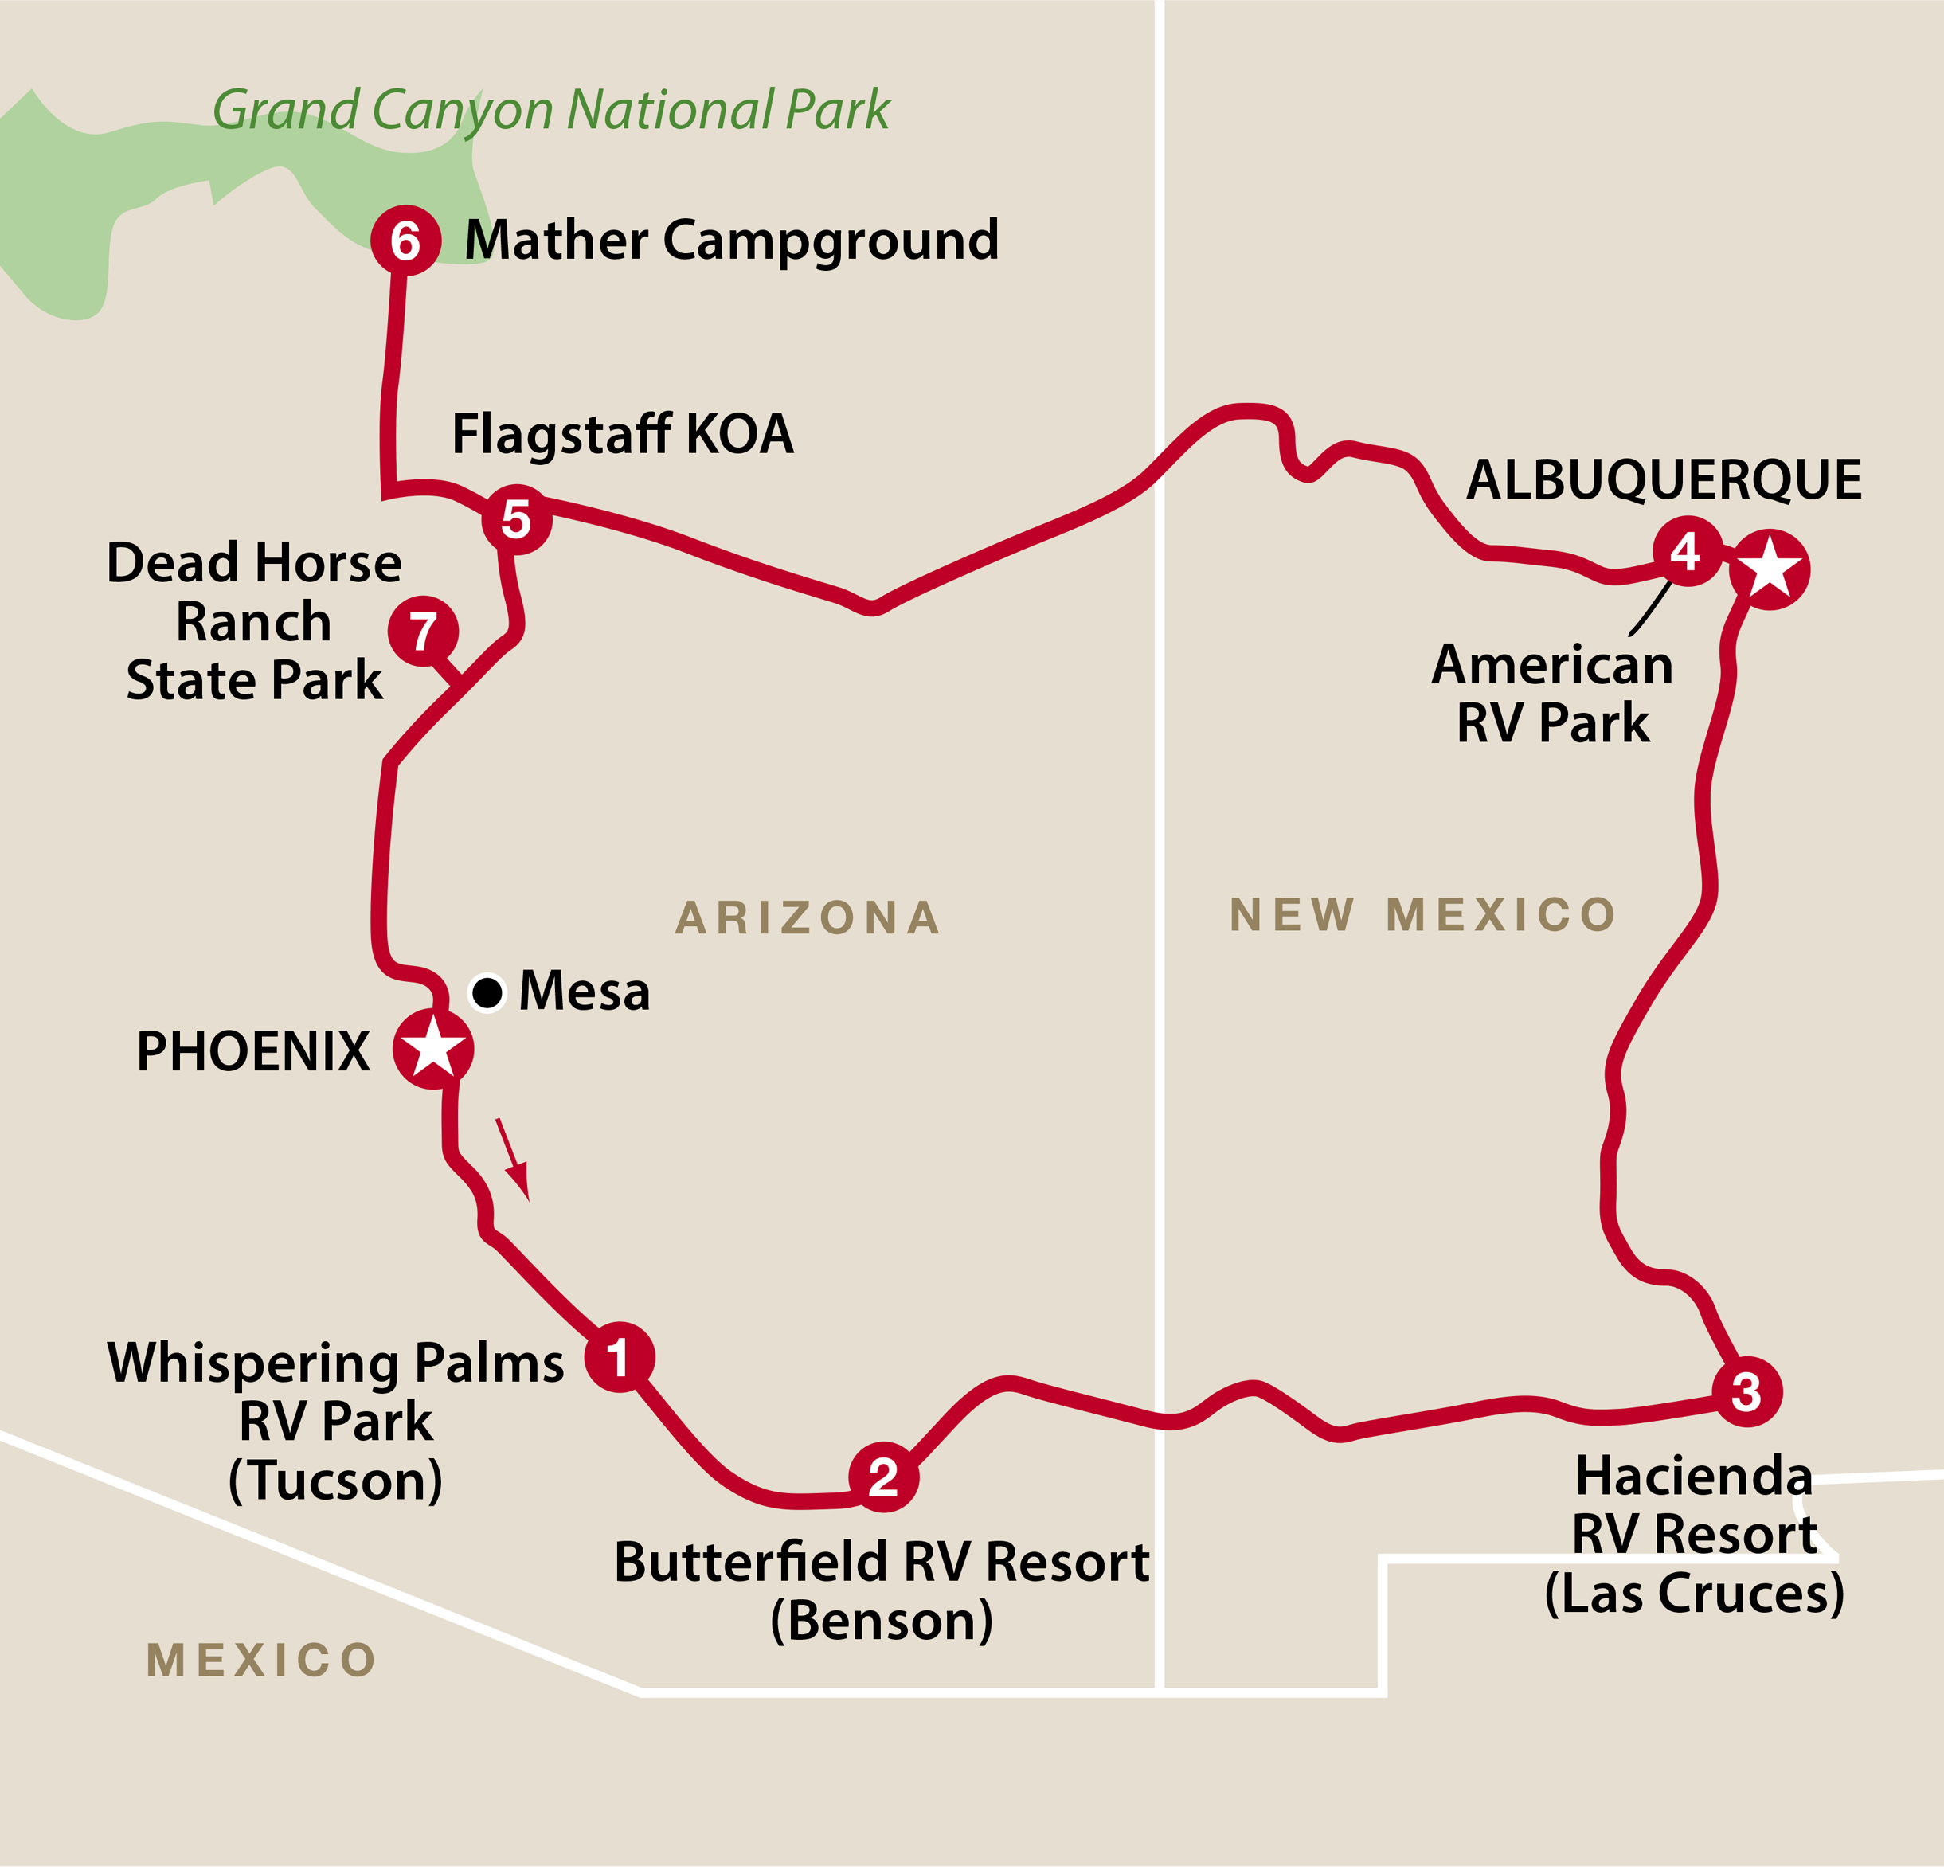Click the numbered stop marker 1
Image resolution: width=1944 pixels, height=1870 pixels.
(x=619, y=1357)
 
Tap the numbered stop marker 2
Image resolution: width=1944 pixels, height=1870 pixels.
(x=882, y=1477)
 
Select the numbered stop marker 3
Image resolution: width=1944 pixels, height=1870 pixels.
(x=1746, y=1392)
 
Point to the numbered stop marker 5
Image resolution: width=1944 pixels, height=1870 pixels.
(x=517, y=518)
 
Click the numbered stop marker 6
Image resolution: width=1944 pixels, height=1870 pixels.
(x=405, y=240)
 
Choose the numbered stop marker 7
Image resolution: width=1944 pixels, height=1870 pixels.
(x=424, y=631)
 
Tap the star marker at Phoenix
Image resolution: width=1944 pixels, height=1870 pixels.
(x=432, y=1049)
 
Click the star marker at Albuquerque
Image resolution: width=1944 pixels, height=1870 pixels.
(x=1770, y=569)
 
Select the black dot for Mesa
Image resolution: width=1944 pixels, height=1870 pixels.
(x=487, y=992)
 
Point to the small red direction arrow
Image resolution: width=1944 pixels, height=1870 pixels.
(x=513, y=1159)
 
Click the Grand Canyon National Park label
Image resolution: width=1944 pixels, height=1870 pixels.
(x=551, y=110)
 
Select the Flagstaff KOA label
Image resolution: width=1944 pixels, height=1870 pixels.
(x=623, y=435)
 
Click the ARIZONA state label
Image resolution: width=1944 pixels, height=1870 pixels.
(x=808, y=917)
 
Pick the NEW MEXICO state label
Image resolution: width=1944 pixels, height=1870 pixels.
(x=1422, y=914)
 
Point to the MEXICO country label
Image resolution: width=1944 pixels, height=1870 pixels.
(x=262, y=1660)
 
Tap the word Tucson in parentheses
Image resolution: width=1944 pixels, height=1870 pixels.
(x=335, y=1481)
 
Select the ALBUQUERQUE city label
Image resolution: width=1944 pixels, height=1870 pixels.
(x=1664, y=480)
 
